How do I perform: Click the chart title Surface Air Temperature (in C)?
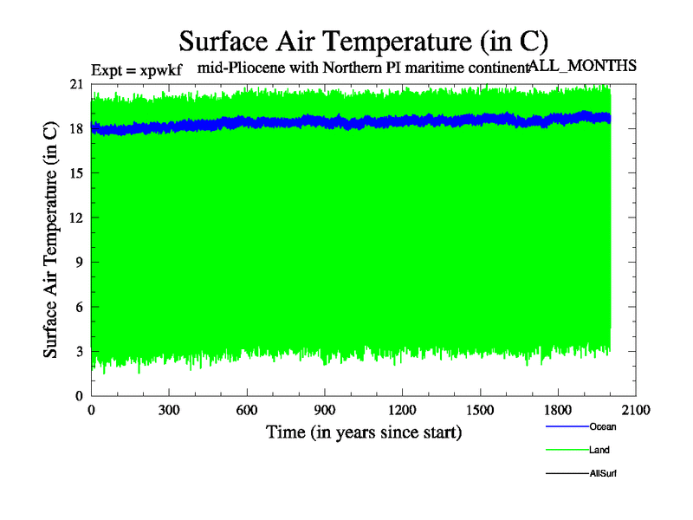(363, 41)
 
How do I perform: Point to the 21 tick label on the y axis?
(76, 84)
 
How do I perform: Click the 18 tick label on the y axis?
(76, 128)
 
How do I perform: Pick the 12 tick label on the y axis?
(76, 218)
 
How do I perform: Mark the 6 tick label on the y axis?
(80, 307)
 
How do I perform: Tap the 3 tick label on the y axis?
(80, 351)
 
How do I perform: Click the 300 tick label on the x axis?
(169, 411)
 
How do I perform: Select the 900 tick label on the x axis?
(325, 411)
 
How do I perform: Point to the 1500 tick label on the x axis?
(480, 411)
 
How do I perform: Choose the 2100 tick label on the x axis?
(636, 411)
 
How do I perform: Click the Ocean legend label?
(603, 427)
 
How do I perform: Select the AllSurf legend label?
(603, 474)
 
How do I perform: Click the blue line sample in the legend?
(567, 427)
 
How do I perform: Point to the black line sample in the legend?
(567, 474)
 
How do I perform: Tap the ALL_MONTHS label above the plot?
(583, 66)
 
